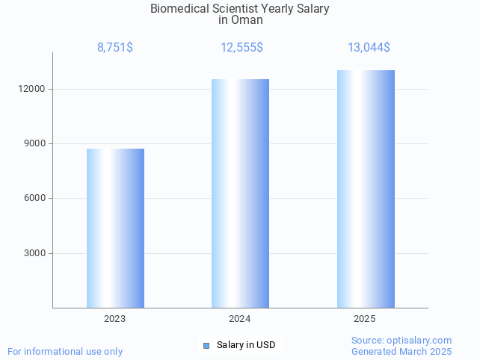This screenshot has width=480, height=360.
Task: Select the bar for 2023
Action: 115,228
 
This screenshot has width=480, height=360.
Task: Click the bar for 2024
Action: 240,193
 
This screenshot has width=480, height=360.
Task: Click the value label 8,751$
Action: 115,48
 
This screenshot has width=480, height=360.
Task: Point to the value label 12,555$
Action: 241,48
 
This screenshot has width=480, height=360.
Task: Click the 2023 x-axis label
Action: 115,319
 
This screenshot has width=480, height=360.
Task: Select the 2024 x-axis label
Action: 240,319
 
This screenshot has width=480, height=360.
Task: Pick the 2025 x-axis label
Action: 365,319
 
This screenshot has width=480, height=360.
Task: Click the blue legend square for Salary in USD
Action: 206,345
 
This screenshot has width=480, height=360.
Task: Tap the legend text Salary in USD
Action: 246,345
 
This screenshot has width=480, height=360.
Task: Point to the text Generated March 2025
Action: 401,352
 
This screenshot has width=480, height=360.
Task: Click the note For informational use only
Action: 65,352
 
